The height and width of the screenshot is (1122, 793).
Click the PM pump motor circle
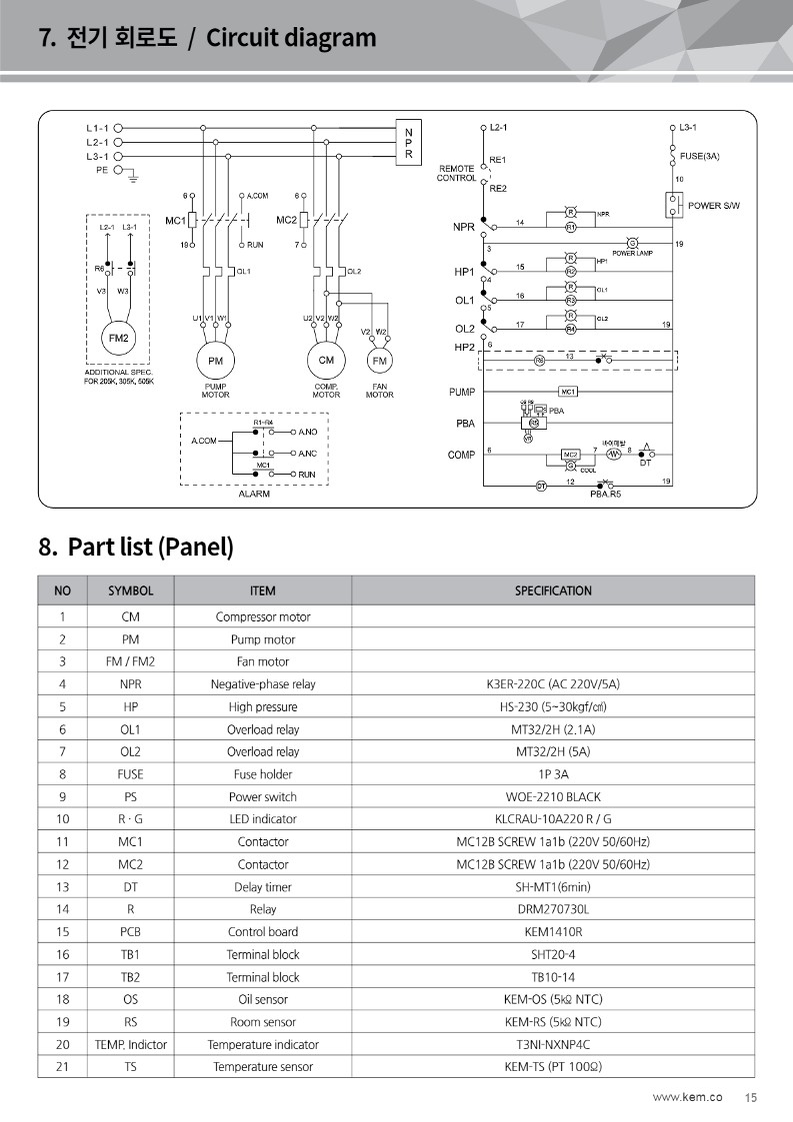(215, 361)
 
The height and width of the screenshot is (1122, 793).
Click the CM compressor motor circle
(326, 361)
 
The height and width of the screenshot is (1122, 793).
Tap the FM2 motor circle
(119, 338)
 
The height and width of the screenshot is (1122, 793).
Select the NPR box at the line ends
(408, 144)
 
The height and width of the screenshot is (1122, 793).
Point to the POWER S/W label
(721, 206)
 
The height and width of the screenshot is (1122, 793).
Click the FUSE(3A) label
(699, 156)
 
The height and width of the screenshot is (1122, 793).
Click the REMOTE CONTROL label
(456, 174)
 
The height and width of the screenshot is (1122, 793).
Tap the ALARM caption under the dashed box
(253, 494)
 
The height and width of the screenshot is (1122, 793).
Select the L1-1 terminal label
(97, 128)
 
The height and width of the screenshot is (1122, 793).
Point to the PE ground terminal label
(101, 170)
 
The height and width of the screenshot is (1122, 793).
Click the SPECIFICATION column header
(553, 590)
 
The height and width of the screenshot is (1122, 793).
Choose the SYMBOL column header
(130, 590)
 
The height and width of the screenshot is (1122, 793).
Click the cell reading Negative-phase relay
(263, 684)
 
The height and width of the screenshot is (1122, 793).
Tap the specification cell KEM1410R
(553, 931)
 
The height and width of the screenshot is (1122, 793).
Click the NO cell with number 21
(62, 1066)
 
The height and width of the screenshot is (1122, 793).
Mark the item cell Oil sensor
(263, 999)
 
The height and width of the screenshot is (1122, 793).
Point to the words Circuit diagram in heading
(291, 39)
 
